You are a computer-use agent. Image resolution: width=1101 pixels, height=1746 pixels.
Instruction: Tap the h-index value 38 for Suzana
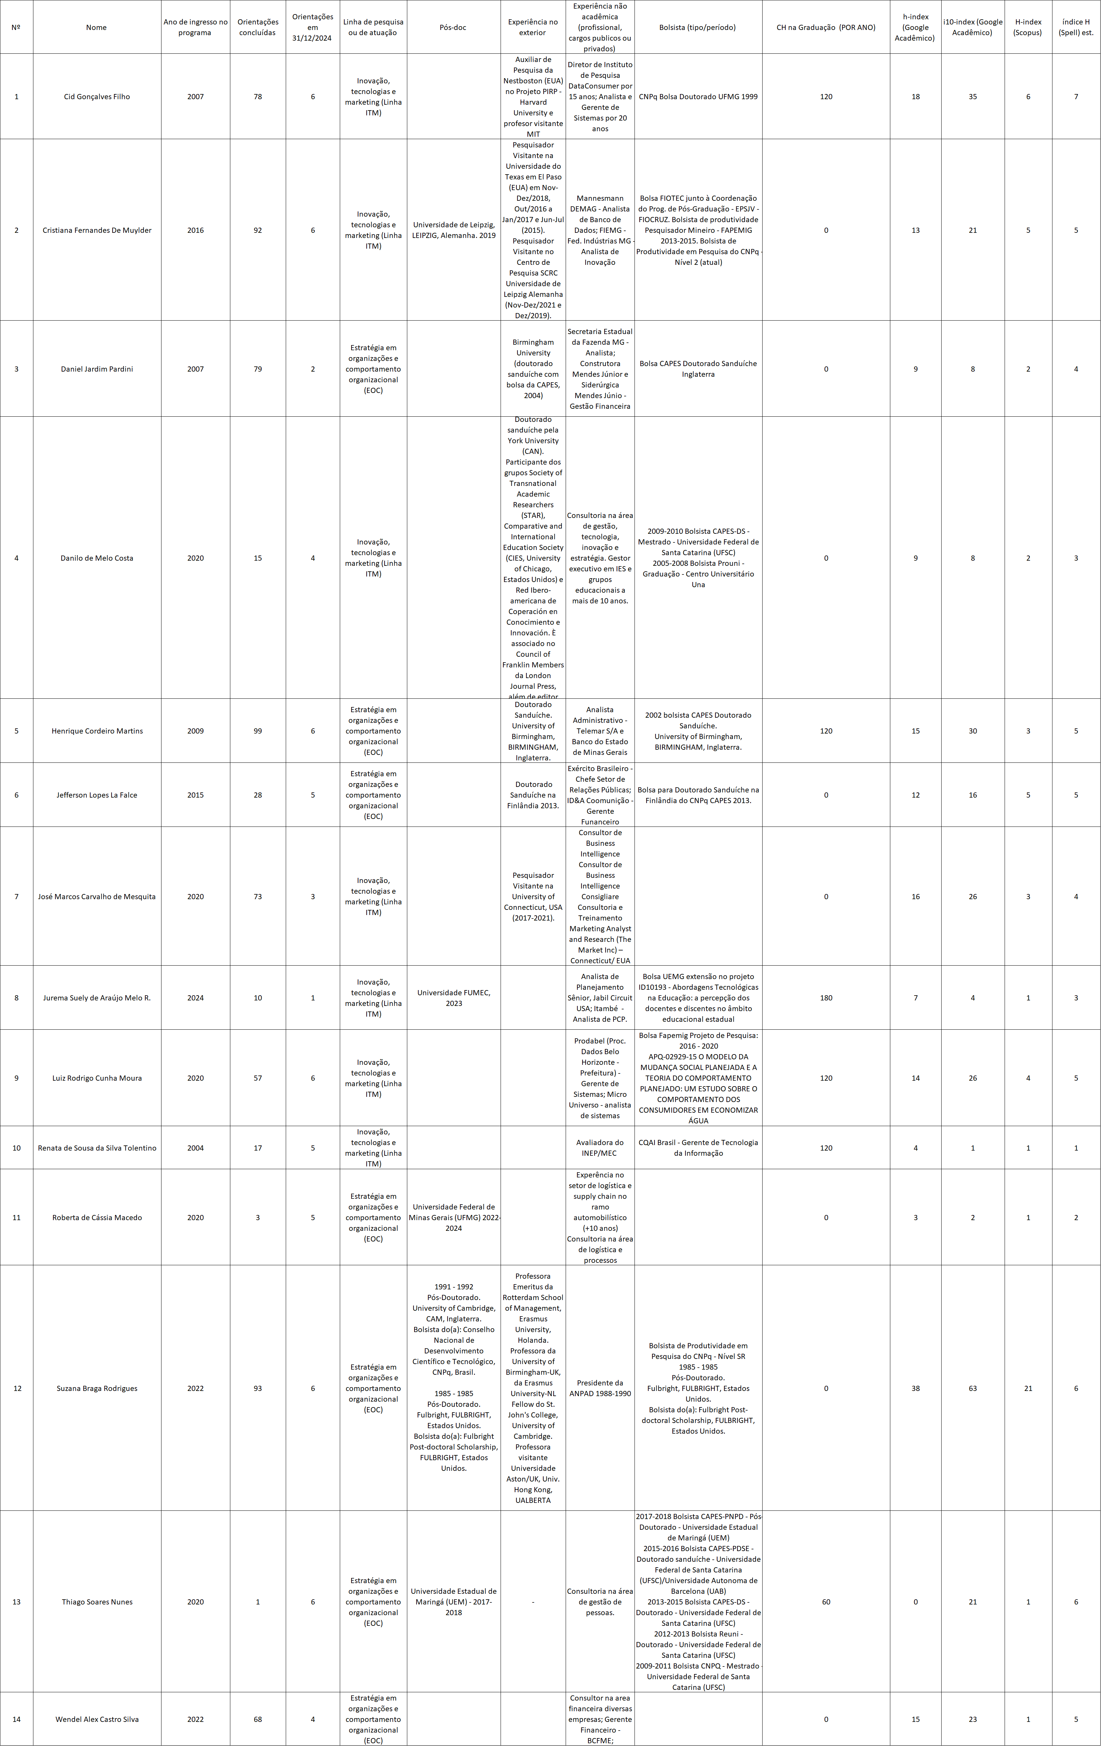915,1388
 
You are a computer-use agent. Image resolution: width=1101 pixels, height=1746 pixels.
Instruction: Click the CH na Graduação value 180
826,998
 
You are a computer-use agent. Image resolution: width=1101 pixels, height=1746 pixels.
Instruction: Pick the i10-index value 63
973,1388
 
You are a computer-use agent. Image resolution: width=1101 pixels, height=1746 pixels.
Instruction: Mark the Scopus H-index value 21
1028,1388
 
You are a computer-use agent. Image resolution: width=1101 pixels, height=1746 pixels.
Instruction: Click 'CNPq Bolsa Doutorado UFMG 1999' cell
698,96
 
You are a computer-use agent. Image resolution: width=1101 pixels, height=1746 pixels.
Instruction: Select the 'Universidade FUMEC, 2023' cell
454,998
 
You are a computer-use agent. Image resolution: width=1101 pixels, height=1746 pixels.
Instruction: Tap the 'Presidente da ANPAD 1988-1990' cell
600,1388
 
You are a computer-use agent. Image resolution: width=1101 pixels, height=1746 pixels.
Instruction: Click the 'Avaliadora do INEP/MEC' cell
600,1148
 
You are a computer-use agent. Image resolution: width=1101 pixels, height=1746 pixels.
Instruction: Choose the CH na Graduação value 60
826,1602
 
